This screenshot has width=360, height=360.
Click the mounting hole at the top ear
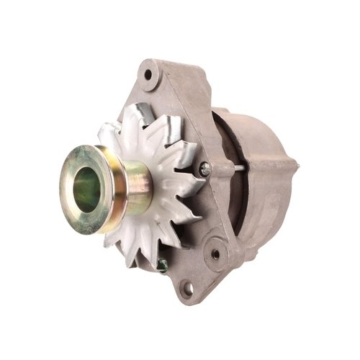148,75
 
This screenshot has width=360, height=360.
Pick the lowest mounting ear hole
186,290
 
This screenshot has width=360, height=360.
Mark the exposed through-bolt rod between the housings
226,168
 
